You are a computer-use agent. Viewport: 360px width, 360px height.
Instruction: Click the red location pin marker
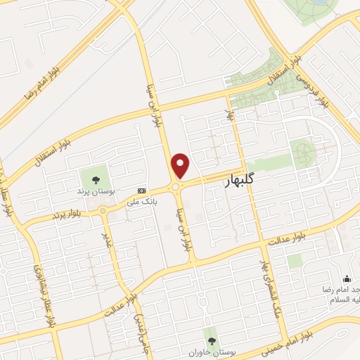[x=181, y=165]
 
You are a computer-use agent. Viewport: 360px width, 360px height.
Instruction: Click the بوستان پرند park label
[x=95, y=191]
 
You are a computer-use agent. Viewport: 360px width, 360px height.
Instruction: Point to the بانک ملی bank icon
[x=142, y=191]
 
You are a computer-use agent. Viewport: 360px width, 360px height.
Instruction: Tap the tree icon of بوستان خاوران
[x=209, y=334]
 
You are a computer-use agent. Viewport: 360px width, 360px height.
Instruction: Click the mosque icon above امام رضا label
[x=346, y=279]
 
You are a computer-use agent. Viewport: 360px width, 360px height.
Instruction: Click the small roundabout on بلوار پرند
[x=103, y=210]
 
